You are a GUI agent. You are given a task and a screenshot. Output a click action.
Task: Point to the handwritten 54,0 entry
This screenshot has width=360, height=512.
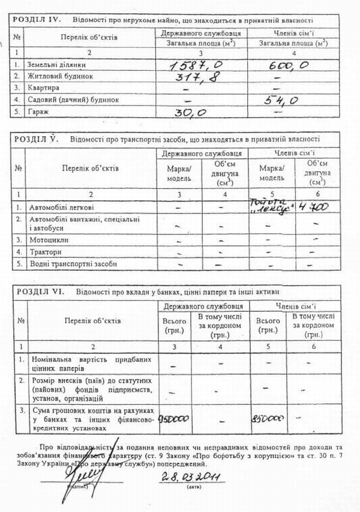[x=283, y=100]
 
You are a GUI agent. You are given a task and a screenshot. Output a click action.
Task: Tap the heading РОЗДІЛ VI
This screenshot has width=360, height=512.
[x=40, y=291]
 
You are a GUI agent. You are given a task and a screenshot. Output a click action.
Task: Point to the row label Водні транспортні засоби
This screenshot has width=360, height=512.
[x=67, y=263]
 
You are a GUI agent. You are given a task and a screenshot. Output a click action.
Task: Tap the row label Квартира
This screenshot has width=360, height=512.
[x=41, y=88]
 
